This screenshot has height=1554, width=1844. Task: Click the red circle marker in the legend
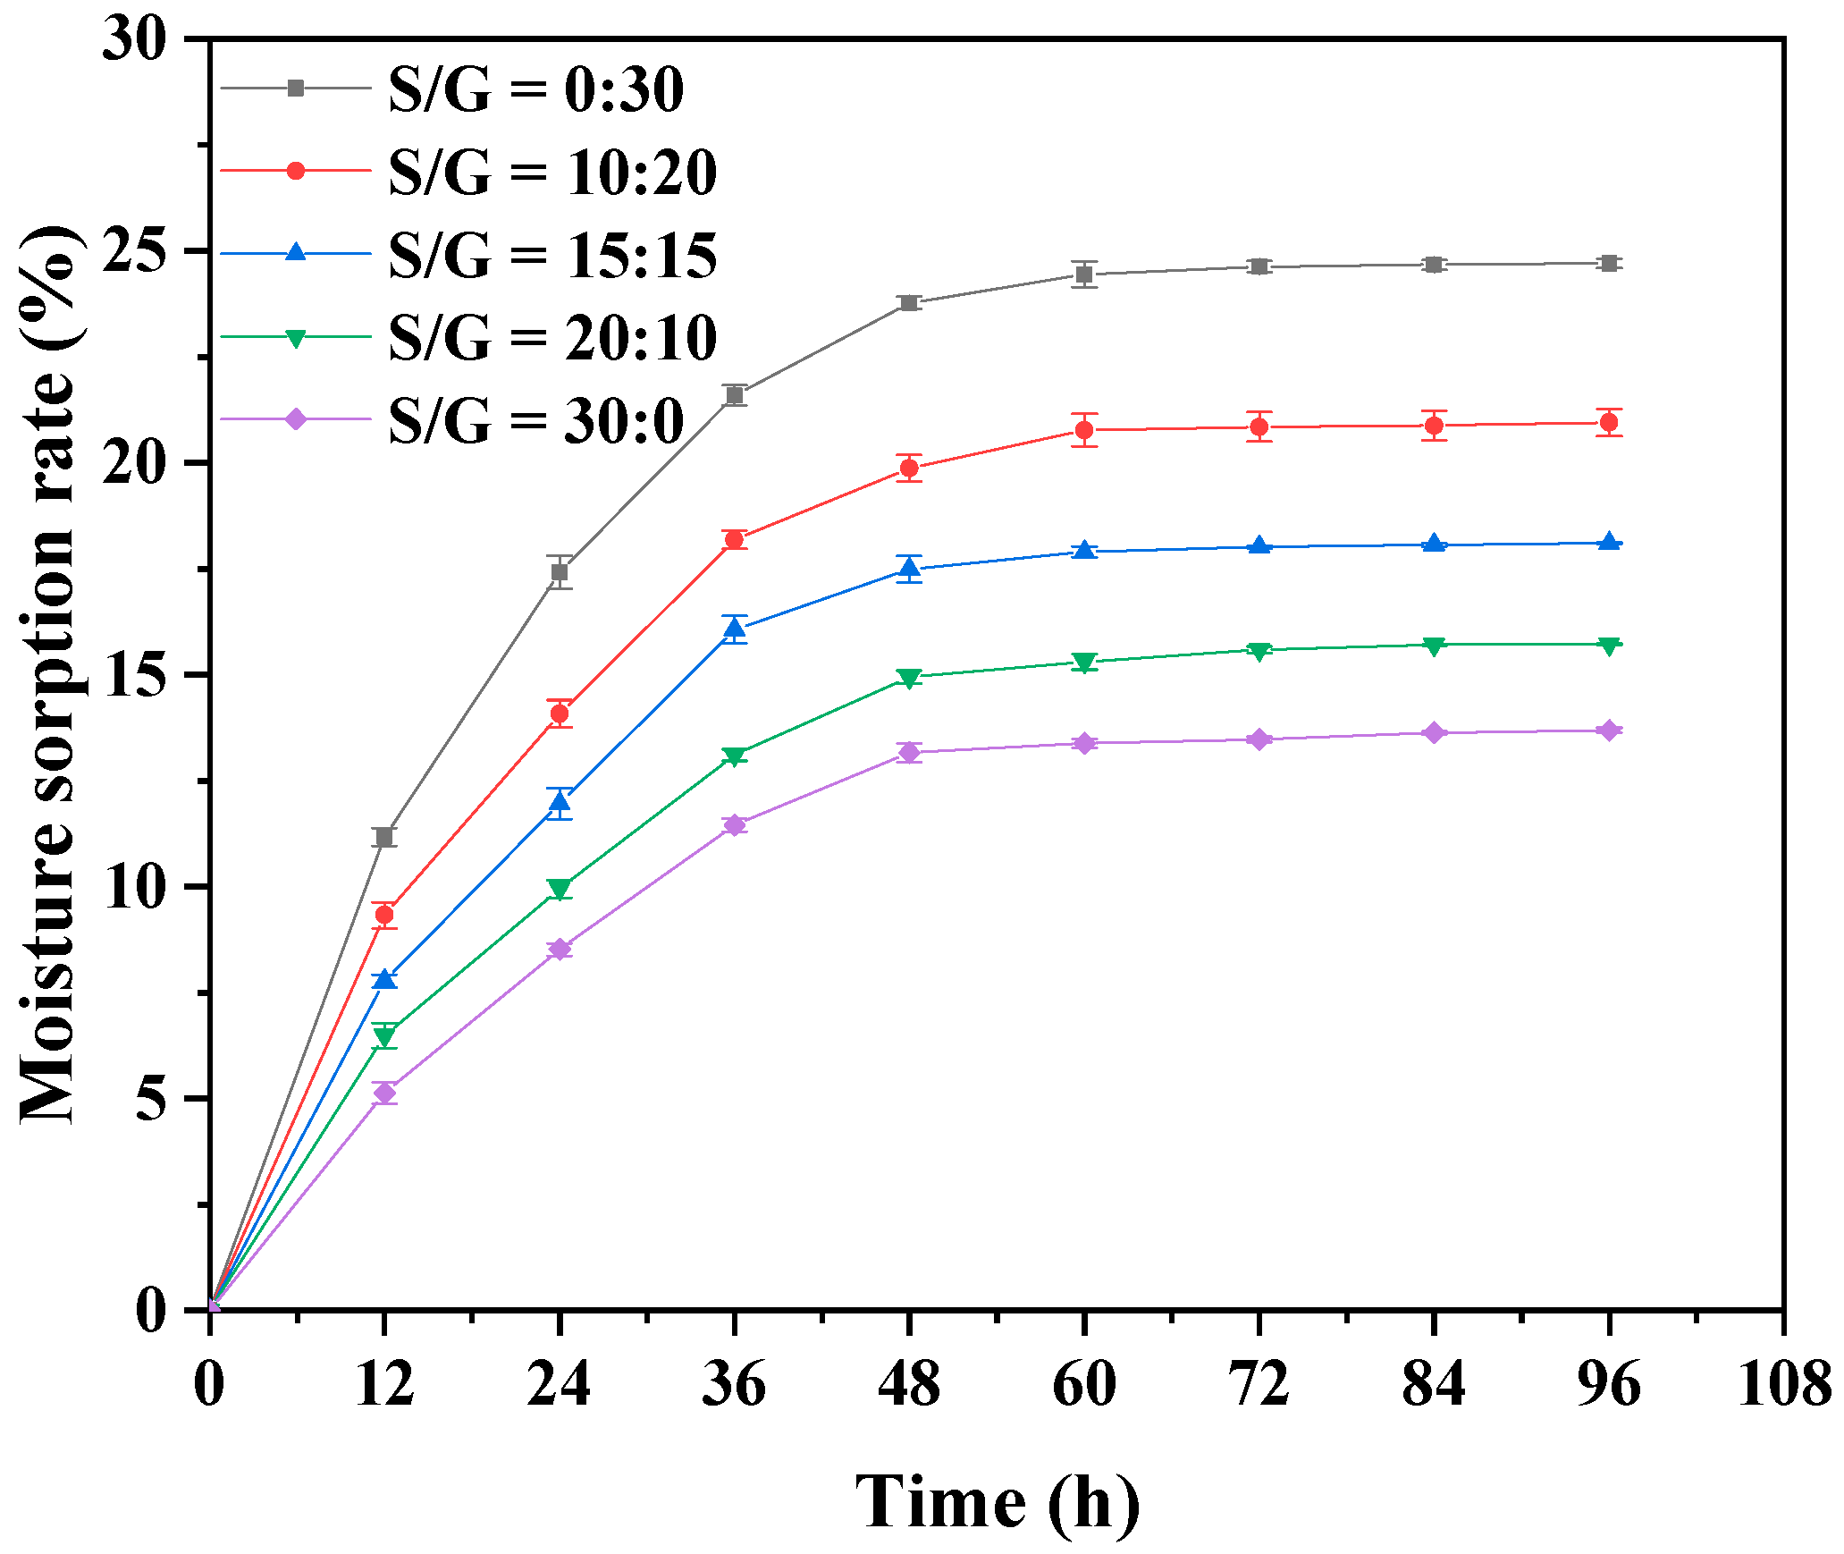coord(296,171)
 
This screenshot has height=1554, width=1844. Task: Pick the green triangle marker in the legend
coord(296,338)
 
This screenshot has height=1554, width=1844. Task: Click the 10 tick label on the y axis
coord(134,888)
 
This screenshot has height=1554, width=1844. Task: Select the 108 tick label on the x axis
coord(1783,1384)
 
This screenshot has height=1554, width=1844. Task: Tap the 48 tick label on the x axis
coord(909,1384)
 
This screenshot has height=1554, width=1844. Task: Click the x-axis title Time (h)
coord(997,1502)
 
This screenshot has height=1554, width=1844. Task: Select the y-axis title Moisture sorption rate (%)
coord(49,675)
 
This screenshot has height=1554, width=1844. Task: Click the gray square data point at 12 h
coord(384,837)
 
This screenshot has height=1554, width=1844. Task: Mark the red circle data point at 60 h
coord(1084,430)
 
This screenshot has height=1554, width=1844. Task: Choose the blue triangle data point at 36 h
coord(735,629)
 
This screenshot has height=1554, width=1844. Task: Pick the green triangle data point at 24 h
coord(560,889)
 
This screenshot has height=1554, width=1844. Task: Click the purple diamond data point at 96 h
coord(1609,731)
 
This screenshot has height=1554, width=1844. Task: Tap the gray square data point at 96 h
coord(1609,263)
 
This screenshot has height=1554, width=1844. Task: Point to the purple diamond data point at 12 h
coord(384,1093)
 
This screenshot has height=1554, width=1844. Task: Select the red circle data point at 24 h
coord(560,714)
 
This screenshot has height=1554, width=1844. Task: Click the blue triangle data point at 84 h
coord(1434,544)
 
